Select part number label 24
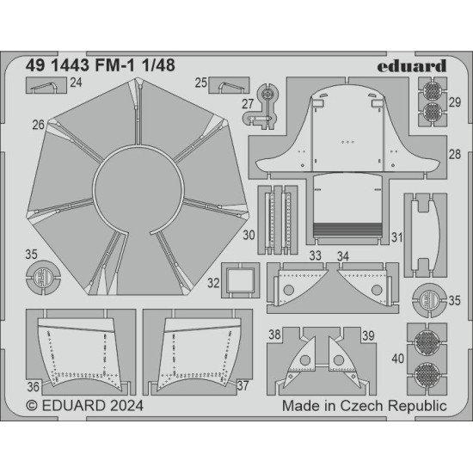(x=77, y=83)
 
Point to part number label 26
(x=39, y=126)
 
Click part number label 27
(x=249, y=105)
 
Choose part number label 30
(x=249, y=234)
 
